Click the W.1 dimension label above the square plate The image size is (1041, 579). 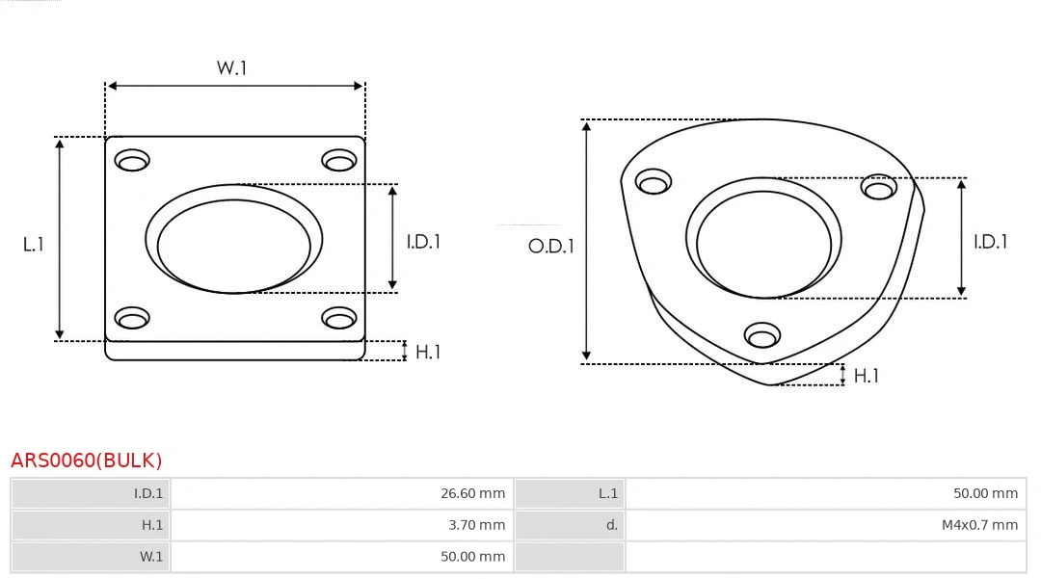[231, 68]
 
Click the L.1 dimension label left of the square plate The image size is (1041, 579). [34, 245]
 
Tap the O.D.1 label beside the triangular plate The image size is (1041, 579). [550, 246]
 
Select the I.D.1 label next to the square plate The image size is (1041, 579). [422, 242]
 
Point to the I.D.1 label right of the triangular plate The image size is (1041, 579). [990, 242]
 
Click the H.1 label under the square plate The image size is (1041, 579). [427, 352]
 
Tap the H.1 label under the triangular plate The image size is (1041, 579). [866, 376]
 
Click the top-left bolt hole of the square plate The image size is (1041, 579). [132, 160]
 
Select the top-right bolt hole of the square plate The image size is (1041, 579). [339, 160]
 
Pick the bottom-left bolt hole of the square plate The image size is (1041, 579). [132, 317]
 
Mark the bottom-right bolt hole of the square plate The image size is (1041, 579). [339, 317]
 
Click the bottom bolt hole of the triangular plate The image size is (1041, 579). [762, 335]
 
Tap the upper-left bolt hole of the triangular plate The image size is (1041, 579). [654, 182]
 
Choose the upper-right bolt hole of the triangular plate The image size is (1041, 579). [879, 187]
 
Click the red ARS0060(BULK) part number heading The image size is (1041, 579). [87, 461]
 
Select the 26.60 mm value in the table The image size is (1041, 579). [472, 493]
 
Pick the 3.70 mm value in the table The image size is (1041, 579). [476, 525]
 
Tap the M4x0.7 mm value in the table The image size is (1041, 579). [979, 525]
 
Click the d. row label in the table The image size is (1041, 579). [611, 525]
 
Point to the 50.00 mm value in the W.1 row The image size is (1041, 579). [472, 557]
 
